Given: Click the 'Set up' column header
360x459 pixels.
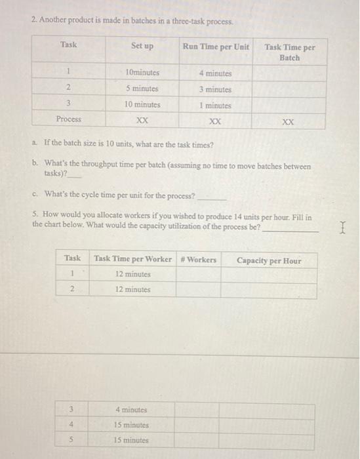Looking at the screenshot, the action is (142, 46).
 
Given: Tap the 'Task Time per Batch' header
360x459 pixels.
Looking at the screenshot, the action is (289, 52).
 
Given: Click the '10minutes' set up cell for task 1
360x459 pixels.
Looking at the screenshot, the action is (142, 73).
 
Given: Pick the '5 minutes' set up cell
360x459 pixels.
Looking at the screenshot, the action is (142, 89).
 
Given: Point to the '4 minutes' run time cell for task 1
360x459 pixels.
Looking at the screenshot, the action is (215, 73).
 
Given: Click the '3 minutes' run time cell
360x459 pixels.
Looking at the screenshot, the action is (215, 89).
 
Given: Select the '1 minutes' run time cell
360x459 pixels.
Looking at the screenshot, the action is (215, 105).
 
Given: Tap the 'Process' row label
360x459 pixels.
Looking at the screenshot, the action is (69, 119).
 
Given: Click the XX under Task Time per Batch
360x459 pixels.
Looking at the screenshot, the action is (289, 122).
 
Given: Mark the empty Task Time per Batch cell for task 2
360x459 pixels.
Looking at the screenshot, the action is (289, 89).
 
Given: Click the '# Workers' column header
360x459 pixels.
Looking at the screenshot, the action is (198, 260).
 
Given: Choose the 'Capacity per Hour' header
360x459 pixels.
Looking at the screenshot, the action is (269, 260).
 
